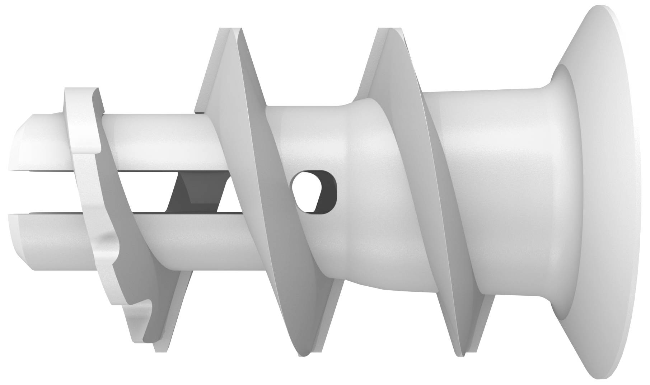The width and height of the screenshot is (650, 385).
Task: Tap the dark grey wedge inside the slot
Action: tap(197, 192)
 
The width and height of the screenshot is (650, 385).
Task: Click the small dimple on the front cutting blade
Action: tap(104, 237)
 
